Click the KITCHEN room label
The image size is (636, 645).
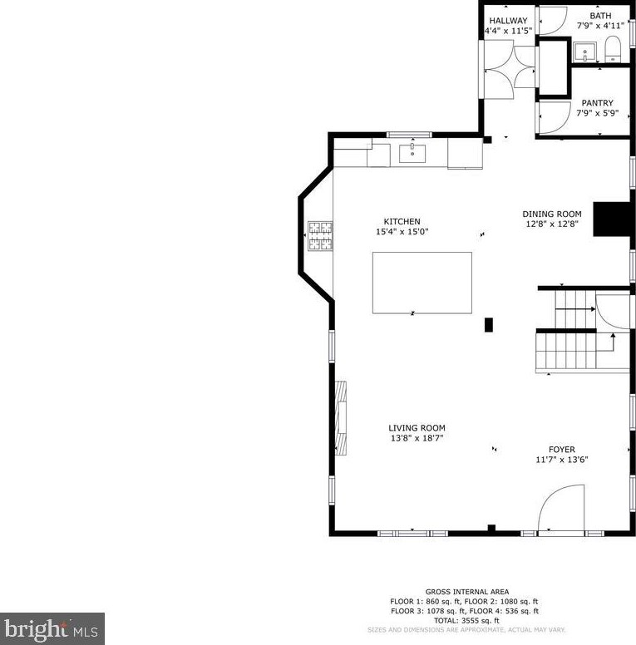coord(402,221)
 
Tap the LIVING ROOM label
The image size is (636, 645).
coord(417,428)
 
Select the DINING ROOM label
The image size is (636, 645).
coord(551,214)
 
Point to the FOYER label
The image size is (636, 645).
coord(561,450)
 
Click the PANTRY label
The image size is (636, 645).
coord(597,103)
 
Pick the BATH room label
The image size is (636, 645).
coord(600,16)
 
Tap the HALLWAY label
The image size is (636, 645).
coord(508,21)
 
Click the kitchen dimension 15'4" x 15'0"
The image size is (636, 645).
coord(402,232)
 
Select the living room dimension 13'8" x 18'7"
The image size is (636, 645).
coord(417,438)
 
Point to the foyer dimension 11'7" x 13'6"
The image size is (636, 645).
coord(561,460)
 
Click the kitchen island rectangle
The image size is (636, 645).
coord(422,283)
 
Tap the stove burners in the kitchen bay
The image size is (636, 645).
coord(320,235)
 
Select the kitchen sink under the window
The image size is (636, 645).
coord(412,153)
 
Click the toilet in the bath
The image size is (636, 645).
coord(614,49)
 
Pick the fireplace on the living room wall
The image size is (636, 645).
coord(342,417)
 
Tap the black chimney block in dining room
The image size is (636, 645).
coord(614,219)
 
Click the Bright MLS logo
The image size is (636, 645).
coord(52,628)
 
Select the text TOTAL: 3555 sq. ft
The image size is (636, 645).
coord(467,620)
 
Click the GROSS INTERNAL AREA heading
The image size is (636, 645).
coord(467,592)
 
